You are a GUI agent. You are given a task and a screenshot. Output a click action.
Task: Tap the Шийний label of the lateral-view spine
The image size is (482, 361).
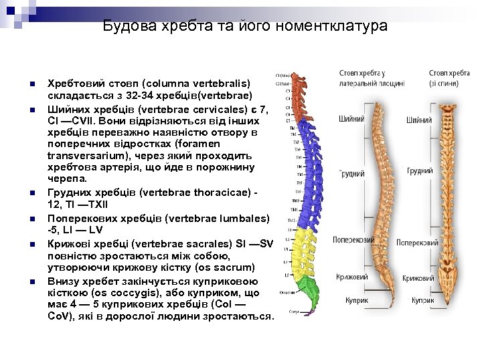pos(352,119)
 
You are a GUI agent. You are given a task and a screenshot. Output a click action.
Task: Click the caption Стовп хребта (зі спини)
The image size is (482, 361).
pos(450,78)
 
